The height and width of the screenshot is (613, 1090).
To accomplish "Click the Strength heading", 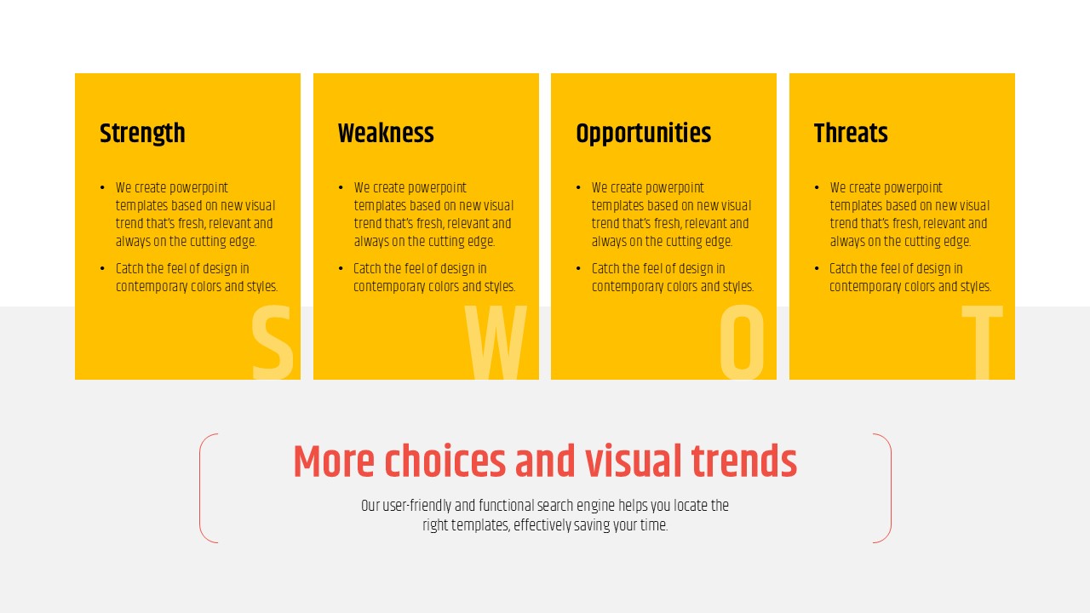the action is coord(142,134).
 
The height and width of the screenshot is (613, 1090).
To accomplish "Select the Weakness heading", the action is coord(386,134).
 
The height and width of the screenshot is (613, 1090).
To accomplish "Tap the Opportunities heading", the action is coord(643,134).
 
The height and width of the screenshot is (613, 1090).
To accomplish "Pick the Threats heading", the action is coord(851,134).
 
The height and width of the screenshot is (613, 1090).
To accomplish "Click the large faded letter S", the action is coord(272,342).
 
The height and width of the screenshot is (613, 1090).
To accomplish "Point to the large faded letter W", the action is coord(496,342).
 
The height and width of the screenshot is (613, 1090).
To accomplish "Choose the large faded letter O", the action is coord(742,342).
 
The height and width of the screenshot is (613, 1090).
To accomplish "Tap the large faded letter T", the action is coord(983,342).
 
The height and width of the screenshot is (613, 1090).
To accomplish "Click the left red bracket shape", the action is coord(200,488).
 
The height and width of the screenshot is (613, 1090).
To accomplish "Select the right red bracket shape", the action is coord(891,488).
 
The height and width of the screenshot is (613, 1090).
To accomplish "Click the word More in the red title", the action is coord(334,461).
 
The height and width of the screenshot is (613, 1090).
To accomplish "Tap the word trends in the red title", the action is coord(744,461).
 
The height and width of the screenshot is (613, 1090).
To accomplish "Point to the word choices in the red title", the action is coord(445,461).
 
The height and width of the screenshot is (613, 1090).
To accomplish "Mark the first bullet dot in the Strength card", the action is coord(102,188).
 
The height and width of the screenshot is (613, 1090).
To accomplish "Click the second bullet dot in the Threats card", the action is coord(817,268).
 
